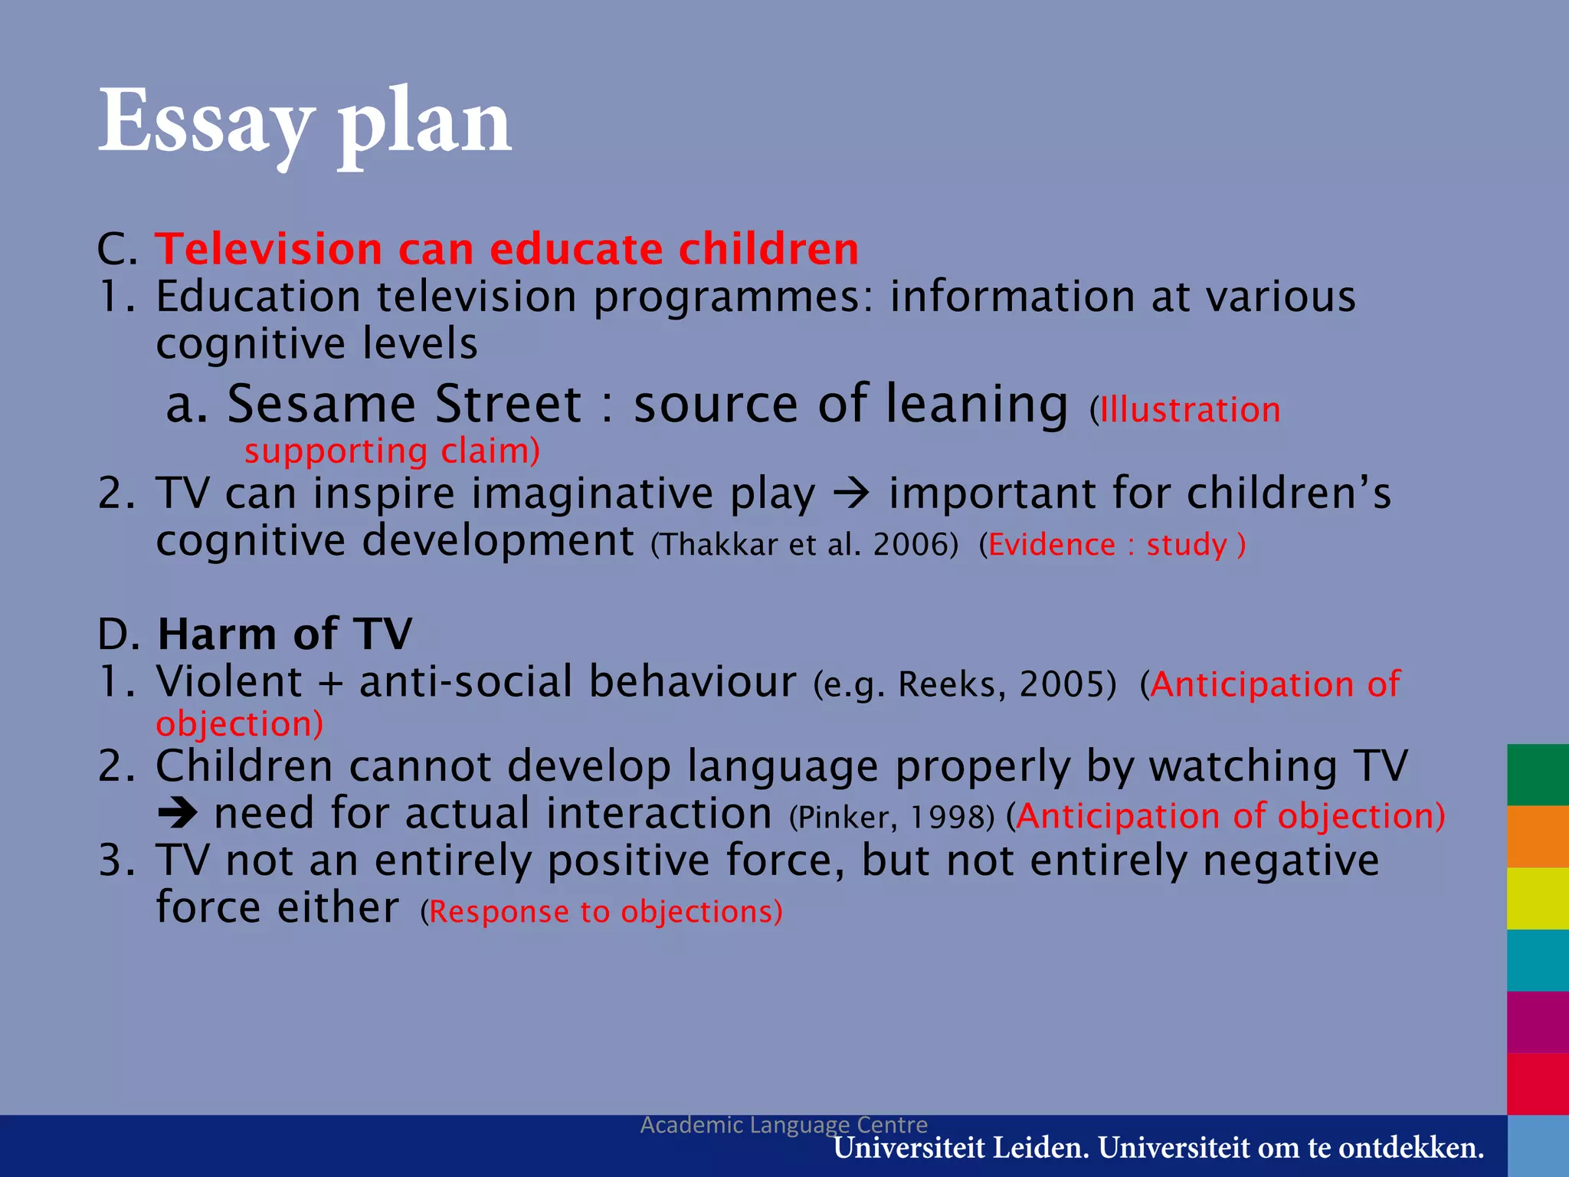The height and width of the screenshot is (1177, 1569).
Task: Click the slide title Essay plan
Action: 305,123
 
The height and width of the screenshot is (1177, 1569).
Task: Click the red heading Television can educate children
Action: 506,249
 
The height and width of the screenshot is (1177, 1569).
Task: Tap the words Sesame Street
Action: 405,404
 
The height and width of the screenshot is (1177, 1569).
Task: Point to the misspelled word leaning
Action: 977,405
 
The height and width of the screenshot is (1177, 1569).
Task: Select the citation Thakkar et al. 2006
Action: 804,545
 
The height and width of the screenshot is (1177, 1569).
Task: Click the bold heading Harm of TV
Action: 284,634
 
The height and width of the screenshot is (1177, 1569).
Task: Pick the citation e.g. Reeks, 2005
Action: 965,684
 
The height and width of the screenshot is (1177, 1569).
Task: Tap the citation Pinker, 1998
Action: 892,818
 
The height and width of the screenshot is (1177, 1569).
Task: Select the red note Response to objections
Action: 601,912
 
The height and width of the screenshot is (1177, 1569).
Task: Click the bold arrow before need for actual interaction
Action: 178,814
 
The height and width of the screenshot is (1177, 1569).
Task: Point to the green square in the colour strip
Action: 1538,774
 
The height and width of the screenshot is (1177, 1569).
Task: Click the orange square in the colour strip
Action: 1538,836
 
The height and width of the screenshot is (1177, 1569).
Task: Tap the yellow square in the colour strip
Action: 1538,898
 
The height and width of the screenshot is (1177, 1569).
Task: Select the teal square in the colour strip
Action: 1538,960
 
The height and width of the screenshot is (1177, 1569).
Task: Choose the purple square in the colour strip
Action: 1538,1022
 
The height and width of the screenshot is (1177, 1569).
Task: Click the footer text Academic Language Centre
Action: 784,1124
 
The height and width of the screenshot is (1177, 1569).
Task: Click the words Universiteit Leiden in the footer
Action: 961,1149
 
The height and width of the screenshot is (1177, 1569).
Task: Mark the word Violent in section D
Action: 229,681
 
